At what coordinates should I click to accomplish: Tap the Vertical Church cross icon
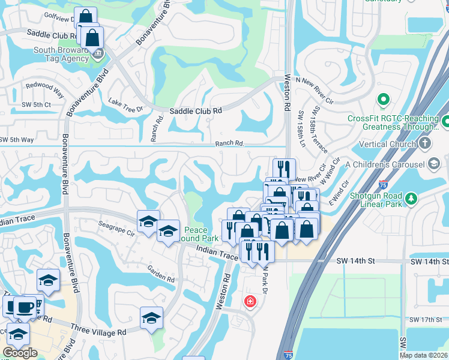425,143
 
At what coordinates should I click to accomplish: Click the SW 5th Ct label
14,104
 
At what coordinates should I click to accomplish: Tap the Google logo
20,353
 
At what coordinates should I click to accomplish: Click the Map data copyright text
423,355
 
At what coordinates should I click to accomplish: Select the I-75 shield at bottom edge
288,355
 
